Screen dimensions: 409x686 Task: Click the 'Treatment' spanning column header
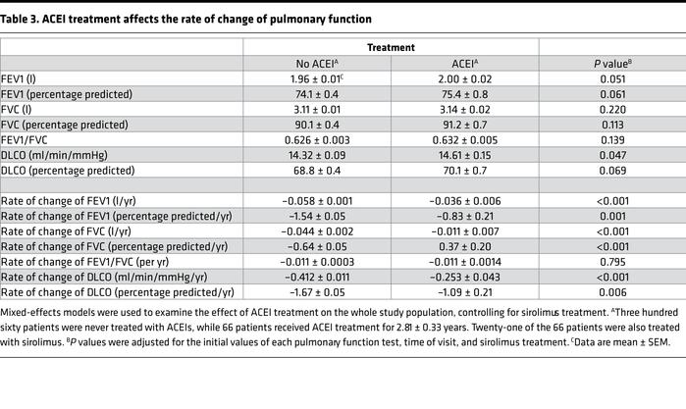[391, 46]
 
